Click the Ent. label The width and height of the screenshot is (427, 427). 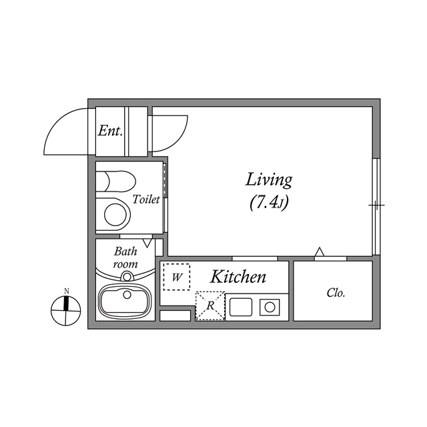[110, 131]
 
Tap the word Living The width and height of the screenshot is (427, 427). [270, 179]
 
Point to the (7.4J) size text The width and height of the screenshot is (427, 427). [269, 203]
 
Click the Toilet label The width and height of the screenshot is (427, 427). [146, 199]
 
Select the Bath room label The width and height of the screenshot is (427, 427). [125, 258]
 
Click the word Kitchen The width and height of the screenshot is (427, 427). [238, 277]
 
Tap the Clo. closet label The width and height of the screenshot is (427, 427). [336, 293]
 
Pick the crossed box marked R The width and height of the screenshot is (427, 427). [209, 306]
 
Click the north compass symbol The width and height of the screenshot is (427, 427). [67, 310]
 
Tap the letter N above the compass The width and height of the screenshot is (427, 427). [67, 291]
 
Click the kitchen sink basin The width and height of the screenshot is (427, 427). [240, 307]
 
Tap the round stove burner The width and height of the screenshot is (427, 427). [270, 307]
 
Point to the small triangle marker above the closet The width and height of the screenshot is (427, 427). [320, 252]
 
